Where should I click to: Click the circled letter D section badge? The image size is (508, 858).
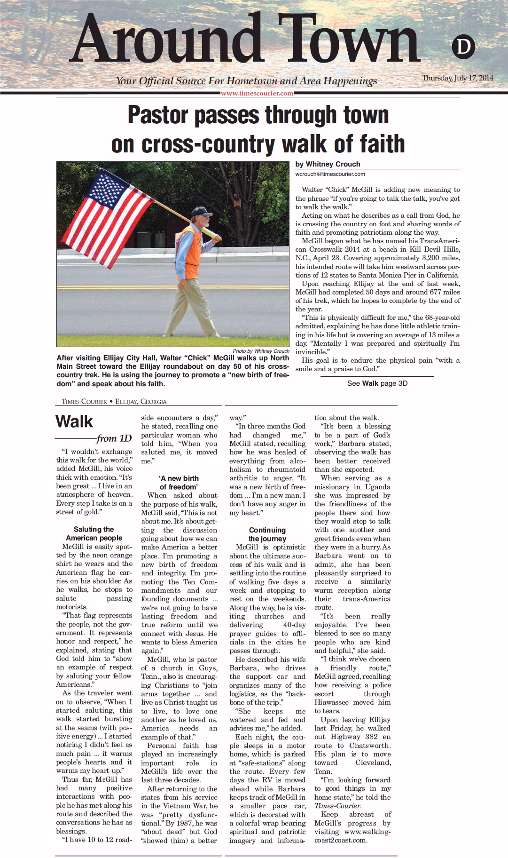[x=463, y=47]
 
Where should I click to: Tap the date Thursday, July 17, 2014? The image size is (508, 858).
[x=457, y=78]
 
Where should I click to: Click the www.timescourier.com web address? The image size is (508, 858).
[x=257, y=93]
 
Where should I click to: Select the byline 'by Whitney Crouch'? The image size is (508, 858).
[x=328, y=164]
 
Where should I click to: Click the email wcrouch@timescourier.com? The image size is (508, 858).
[x=330, y=174]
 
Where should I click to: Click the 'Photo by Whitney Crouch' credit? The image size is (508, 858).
[x=261, y=351]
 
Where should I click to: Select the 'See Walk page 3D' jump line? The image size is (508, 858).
[x=377, y=383]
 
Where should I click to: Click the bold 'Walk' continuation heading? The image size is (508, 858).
[x=74, y=421]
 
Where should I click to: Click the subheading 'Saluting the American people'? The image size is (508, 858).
[x=94, y=533]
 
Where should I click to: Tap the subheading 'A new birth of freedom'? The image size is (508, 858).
[x=179, y=483]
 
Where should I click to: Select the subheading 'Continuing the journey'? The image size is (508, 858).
[x=267, y=534]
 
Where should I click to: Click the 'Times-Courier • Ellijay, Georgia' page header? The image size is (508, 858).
[x=114, y=402]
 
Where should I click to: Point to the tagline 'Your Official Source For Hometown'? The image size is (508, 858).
[x=197, y=81]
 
